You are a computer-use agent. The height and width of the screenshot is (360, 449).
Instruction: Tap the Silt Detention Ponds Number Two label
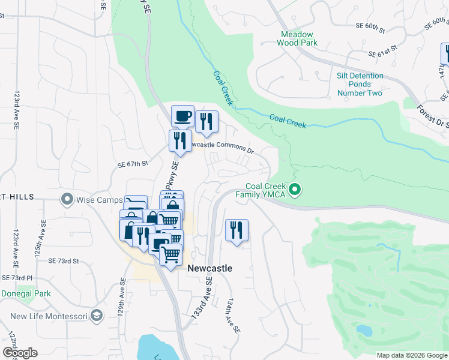pyautogui.click(x=360, y=84)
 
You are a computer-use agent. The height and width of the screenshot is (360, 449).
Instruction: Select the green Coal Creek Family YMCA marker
pyautogui.click(x=295, y=191)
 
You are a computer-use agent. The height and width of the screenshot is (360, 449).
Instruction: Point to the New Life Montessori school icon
pyautogui.click(x=97, y=316)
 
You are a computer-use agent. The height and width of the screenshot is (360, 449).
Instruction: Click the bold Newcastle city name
pyautogui.click(x=209, y=269)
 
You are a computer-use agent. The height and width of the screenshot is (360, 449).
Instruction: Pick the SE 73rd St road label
pyautogui.click(x=64, y=261)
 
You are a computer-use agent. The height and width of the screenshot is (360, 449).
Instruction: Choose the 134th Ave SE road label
pyautogui.click(x=233, y=316)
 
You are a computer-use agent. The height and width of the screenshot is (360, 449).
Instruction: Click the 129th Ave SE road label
pyautogui.click(x=121, y=298)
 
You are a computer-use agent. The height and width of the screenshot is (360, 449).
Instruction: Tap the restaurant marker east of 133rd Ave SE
pyautogui.click(x=237, y=230)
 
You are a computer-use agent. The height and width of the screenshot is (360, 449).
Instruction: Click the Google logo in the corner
pyautogui.click(x=20, y=353)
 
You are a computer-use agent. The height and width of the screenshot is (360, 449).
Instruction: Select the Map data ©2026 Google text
pyautogui.click(x=411, y=355)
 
